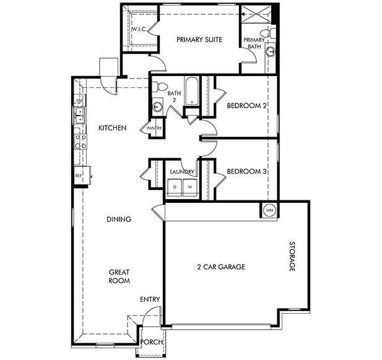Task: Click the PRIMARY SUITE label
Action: [x=199, y=40]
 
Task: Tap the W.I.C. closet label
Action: [x=138, y=30]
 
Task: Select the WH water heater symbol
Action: [x=269, y=210]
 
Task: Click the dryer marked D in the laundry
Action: [x=175, y=186]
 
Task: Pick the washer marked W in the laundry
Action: [x=190, y=186]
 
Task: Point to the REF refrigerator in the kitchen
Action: [x=79, y=176]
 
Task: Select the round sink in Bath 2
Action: [x=157, y=106]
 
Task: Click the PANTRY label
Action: [x=154, y=129]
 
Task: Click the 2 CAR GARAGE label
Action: [x=221, y=267]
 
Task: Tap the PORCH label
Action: [x=152, y=342]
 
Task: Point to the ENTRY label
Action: [x=150, y=299]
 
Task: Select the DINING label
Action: [x=118, y=219]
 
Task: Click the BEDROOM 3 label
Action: [x=247, y=171]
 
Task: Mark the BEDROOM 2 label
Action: [x=247, y=106]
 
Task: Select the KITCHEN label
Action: [x=113, y=128]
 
